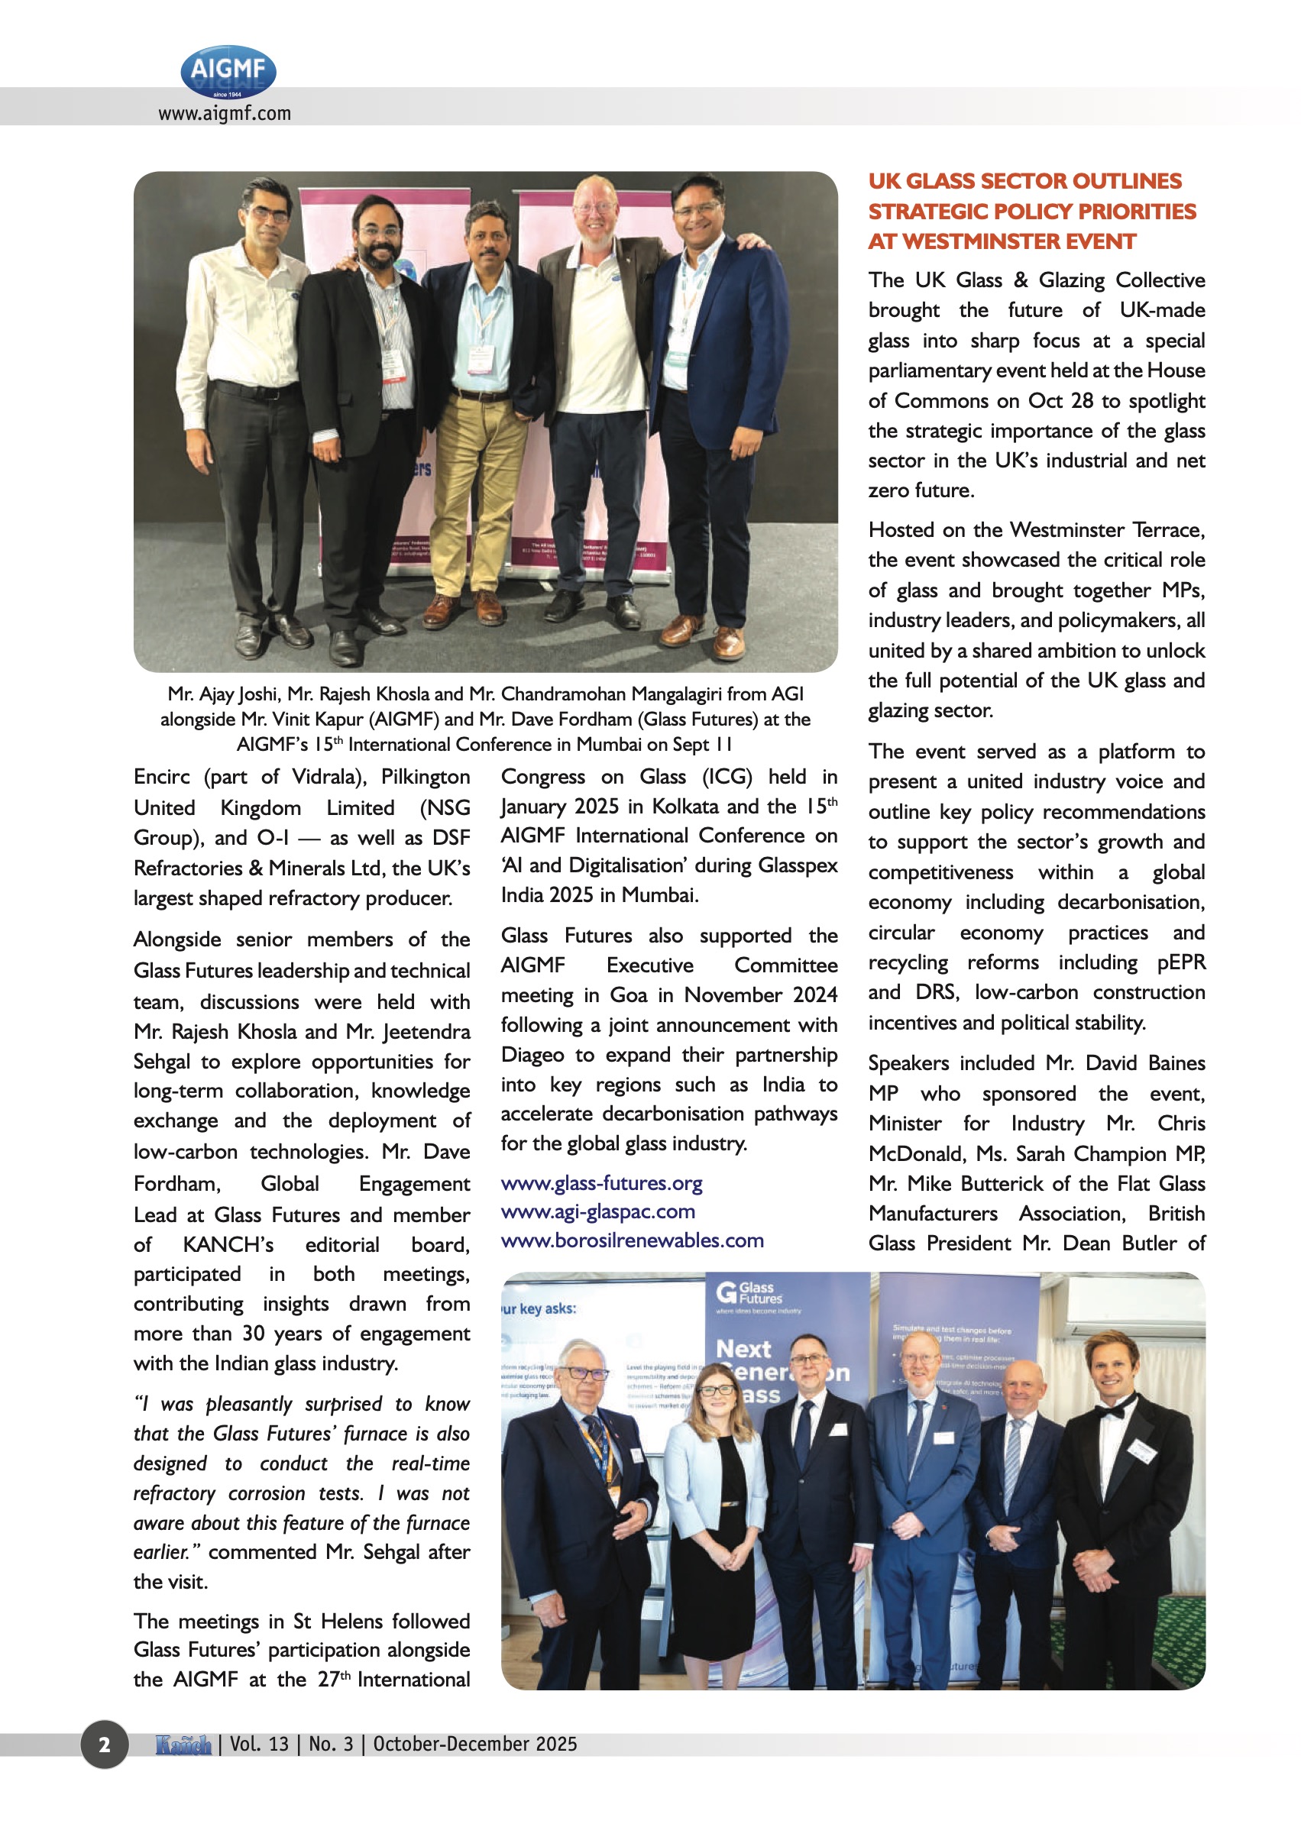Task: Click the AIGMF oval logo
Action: click(x=228, y=71)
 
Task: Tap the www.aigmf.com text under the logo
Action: click(x=225, y=114)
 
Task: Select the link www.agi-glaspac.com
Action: click(x=597, y=1211)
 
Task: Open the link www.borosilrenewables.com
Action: click(x=632, y=1240)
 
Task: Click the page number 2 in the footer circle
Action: click(x=104, y=1744)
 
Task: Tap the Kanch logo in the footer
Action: click(x=183, y=1744)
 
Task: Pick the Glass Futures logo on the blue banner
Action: click(x=748, y=1292)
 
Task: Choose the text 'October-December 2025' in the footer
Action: click(x=475, y=1744)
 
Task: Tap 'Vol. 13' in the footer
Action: click(x=259, y=1744)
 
